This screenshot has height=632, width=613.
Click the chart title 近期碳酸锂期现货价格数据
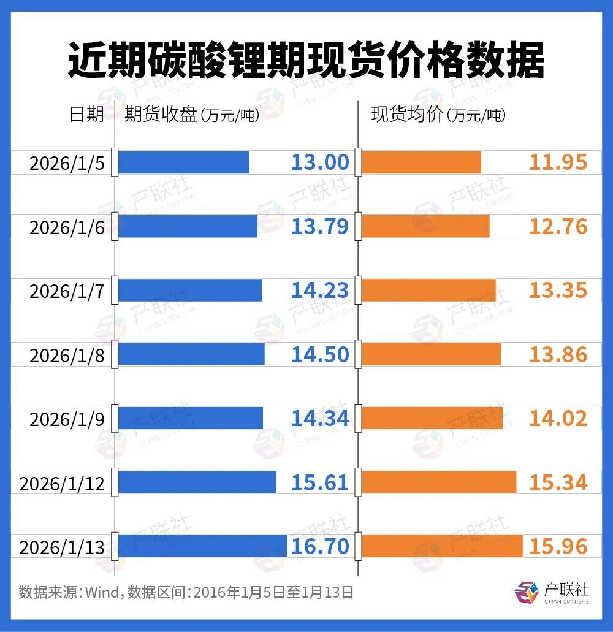[306, 60]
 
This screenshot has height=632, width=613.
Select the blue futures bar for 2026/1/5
[183, 162]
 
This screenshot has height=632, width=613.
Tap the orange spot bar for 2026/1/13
[442, 546]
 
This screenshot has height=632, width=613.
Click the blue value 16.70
[320, 546]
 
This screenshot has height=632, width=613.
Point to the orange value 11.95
[558, 162]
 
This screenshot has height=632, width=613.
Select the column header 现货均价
[407, 115]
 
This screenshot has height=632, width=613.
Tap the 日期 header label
[86, 115]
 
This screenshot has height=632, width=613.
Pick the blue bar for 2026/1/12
[197, 482]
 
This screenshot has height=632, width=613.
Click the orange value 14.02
[558, 418]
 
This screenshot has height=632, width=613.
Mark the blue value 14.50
[320, 354]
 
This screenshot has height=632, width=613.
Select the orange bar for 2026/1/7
[428, 291]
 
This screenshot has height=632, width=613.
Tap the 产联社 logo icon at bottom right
[525, 593]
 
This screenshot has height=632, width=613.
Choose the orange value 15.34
[558, 482]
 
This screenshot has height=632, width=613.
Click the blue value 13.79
[320, 226]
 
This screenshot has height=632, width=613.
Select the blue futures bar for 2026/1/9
[190, 418]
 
